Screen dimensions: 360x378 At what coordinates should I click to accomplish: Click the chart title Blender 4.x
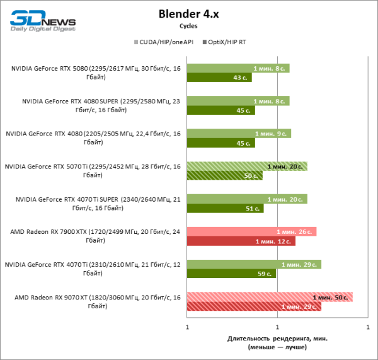coord(188,14)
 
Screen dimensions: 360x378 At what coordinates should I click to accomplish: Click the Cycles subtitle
coord(188,26)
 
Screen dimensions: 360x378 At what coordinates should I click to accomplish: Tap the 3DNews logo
coord(43,20)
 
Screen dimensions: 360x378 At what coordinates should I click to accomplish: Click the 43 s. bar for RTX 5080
coord(219,78)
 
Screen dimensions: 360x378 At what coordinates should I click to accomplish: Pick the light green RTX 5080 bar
coord(238,68)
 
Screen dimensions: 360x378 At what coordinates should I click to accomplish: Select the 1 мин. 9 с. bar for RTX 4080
coord(239,134)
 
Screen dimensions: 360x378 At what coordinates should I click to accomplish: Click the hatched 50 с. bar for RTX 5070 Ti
coord(224,175)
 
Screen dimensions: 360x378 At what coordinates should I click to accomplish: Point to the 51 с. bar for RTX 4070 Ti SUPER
coord(224,208)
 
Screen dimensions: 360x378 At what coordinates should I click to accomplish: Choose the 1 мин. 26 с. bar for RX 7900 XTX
coord(251,231)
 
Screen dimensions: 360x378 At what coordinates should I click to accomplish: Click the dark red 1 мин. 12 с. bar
coord(241,241)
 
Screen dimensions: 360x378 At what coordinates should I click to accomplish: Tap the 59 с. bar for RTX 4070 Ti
coord(231,274)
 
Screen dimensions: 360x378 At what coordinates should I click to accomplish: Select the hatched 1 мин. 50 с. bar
coord(270,296)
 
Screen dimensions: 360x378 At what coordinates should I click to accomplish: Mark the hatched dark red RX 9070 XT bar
coord(254,306)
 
